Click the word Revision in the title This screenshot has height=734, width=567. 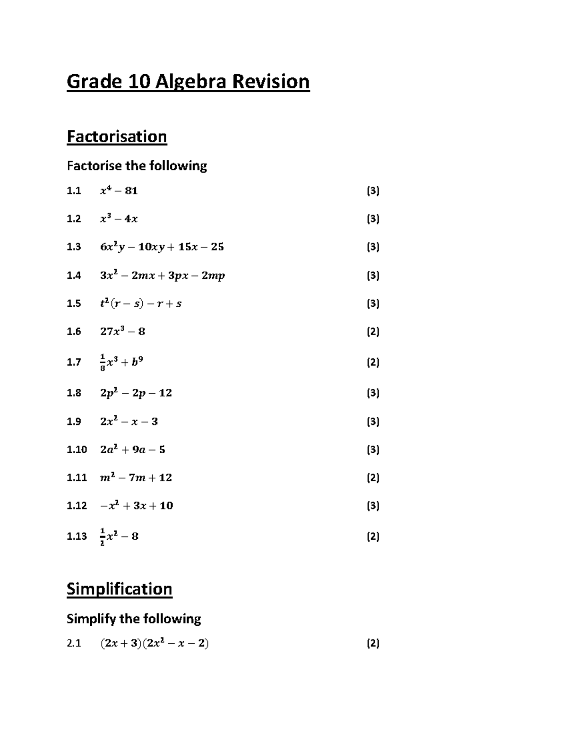point(270,82)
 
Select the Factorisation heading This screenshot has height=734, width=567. point(117,137)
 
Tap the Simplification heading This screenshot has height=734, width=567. point(119,589)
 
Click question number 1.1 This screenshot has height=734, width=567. point(74,191)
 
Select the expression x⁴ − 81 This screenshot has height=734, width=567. point(119,191)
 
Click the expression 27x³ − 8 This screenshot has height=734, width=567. point(122,331)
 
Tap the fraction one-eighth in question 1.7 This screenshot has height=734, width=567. point(103,363)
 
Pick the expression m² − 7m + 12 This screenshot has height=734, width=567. point(136,478)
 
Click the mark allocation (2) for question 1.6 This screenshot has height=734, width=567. point(373,331)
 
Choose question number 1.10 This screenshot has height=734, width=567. point(77,449)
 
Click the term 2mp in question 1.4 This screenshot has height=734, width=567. point(213,276)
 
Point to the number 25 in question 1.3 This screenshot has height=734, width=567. point(217,247)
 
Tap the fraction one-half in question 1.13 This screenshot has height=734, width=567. point(103,536)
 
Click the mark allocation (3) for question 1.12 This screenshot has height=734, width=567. point(373,506)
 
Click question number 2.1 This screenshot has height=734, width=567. point(74,643)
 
